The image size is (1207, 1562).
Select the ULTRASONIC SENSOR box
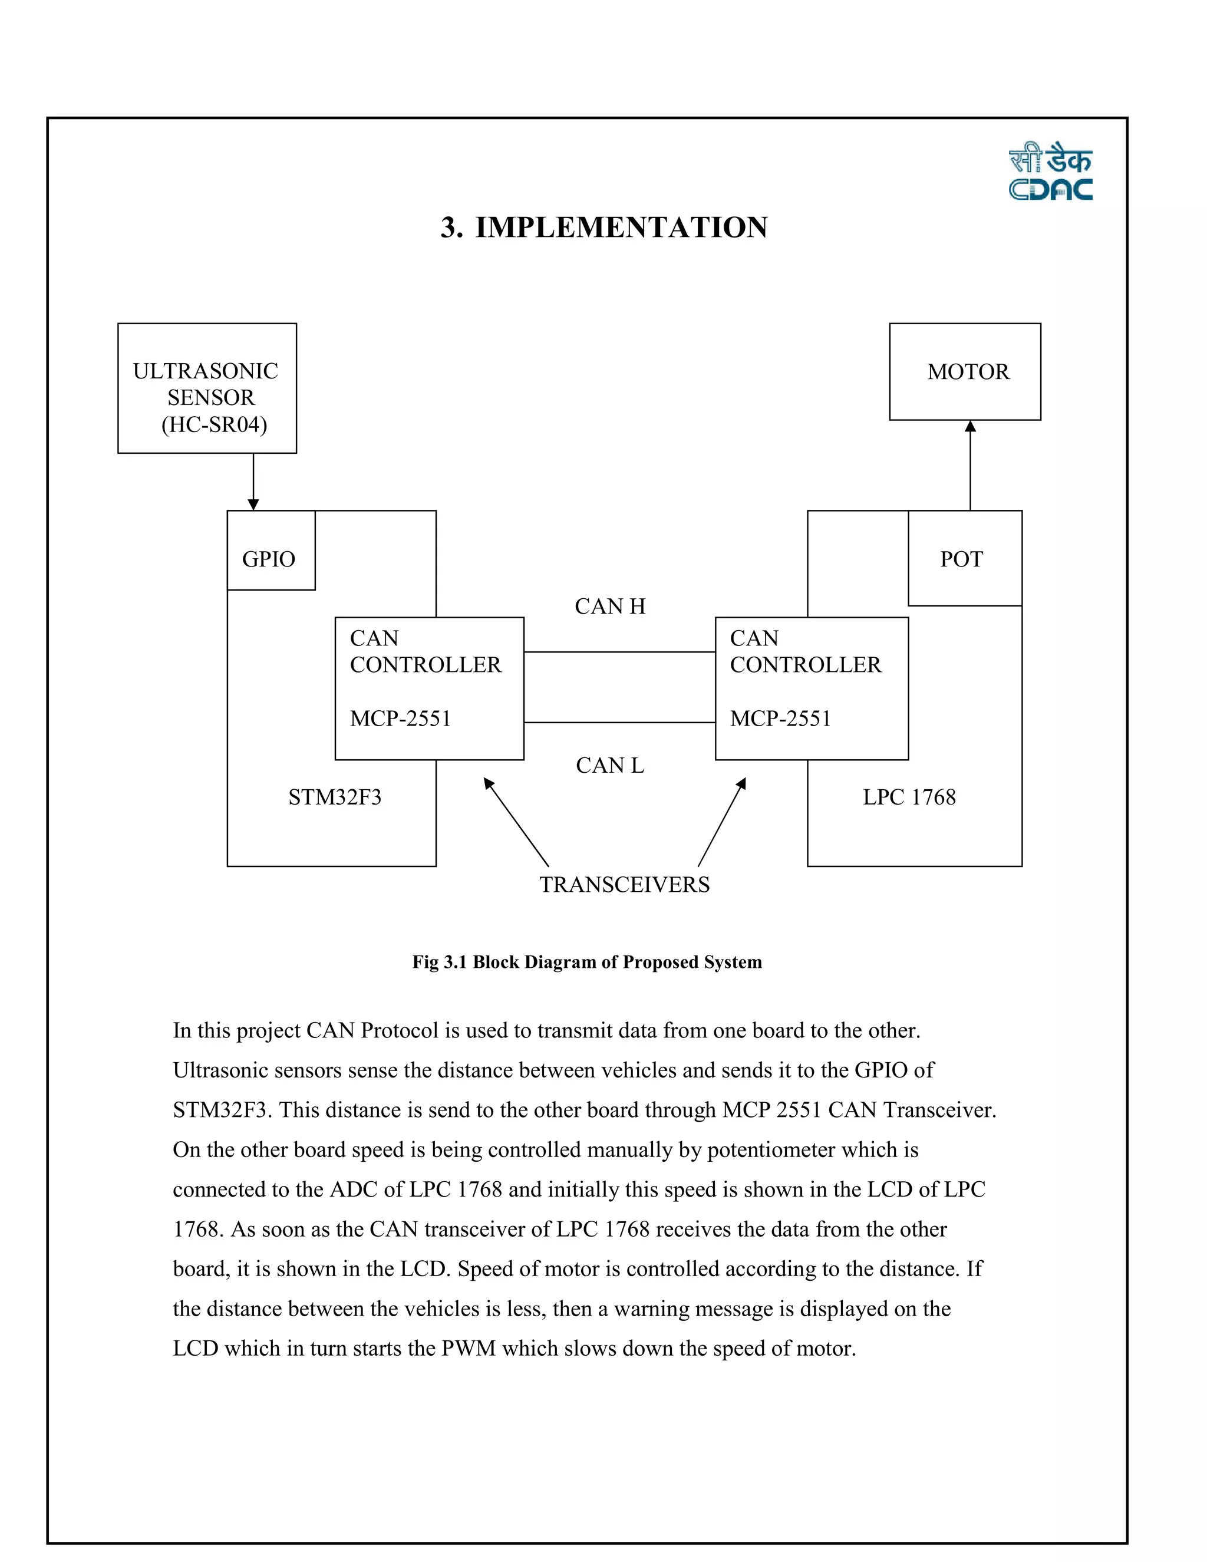[207, 388]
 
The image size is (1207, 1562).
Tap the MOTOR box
[965, 371]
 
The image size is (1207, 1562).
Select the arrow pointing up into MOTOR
[970, 465]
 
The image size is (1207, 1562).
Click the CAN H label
[610, 607]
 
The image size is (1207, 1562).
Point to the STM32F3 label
[335, 797]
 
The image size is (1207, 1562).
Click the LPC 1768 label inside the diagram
[909, 797]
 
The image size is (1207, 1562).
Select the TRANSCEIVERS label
[624, 885]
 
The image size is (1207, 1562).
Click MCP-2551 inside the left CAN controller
[400, 718]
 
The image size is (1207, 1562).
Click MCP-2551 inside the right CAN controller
[781, 718]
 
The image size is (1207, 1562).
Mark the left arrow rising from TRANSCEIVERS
[516, 822]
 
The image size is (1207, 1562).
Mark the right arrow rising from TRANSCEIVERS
[721, 822]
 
